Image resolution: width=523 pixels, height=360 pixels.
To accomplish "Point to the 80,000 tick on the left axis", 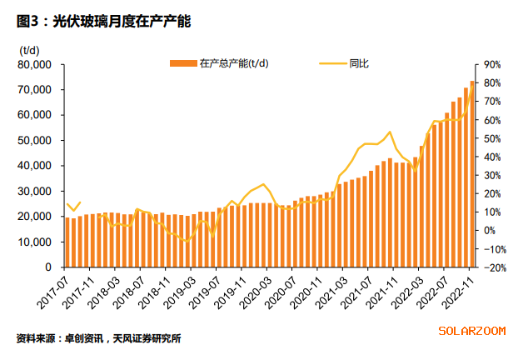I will click(34, 65).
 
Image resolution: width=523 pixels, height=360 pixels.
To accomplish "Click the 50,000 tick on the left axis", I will click(34, 141).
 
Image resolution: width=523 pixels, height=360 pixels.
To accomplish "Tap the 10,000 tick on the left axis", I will click(34, 242).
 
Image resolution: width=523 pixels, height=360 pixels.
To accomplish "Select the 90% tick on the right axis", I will click(491, 65).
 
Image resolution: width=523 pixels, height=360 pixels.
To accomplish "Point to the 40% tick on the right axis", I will click(491, 157).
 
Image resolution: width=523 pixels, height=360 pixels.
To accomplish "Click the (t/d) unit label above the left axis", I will click(29, 51).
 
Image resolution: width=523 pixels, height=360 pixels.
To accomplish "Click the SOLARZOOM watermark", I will click(472, 331).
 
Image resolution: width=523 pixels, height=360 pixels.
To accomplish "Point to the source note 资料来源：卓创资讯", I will click(59, 338).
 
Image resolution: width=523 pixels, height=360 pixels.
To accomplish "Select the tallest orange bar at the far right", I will click(472, 174).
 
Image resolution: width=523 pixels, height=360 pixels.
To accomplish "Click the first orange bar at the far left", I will click(67, 242).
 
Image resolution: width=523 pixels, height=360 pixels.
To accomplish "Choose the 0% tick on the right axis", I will click(491, 231).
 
